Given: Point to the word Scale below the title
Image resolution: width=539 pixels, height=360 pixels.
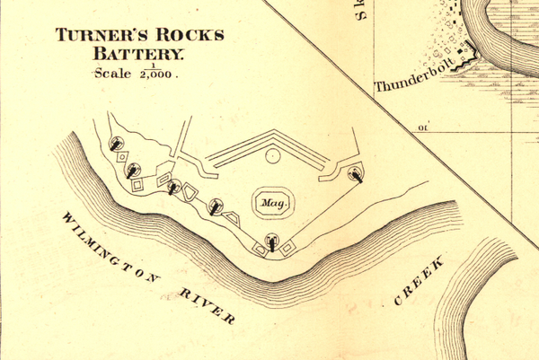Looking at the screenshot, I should coord(111,75).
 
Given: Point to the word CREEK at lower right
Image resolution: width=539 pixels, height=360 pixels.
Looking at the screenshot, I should coord(420,281).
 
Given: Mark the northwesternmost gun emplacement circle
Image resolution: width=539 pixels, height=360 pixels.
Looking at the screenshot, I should coord(116,142).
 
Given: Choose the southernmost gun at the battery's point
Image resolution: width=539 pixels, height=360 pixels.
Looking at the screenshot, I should coord(272,241).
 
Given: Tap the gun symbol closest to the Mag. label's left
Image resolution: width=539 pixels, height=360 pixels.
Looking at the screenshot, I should coord(216,206).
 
